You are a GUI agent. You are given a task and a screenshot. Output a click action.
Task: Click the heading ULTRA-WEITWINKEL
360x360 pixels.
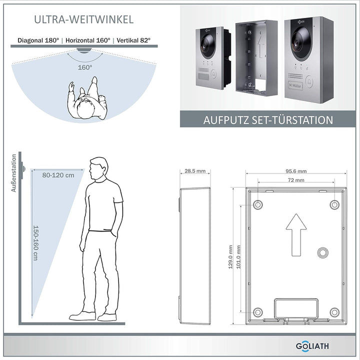pos(84,19)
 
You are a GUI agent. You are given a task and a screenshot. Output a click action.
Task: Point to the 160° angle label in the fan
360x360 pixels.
pos(85,66)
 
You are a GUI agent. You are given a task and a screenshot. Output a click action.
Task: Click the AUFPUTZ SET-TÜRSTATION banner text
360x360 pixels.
pos(268,120)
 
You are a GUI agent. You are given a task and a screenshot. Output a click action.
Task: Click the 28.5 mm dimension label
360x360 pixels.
pos(195,171)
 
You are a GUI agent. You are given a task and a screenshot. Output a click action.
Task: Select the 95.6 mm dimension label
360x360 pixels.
pos(296,171)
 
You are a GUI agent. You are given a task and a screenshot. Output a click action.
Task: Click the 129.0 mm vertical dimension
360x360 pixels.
pos(231,256)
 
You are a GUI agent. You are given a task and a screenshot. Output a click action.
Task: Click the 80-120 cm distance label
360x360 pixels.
pos(58,175)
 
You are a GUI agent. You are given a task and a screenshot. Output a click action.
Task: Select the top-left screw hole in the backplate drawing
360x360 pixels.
pos(258,204)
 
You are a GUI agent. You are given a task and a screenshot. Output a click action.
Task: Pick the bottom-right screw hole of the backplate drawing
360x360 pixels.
pos(334,312)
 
